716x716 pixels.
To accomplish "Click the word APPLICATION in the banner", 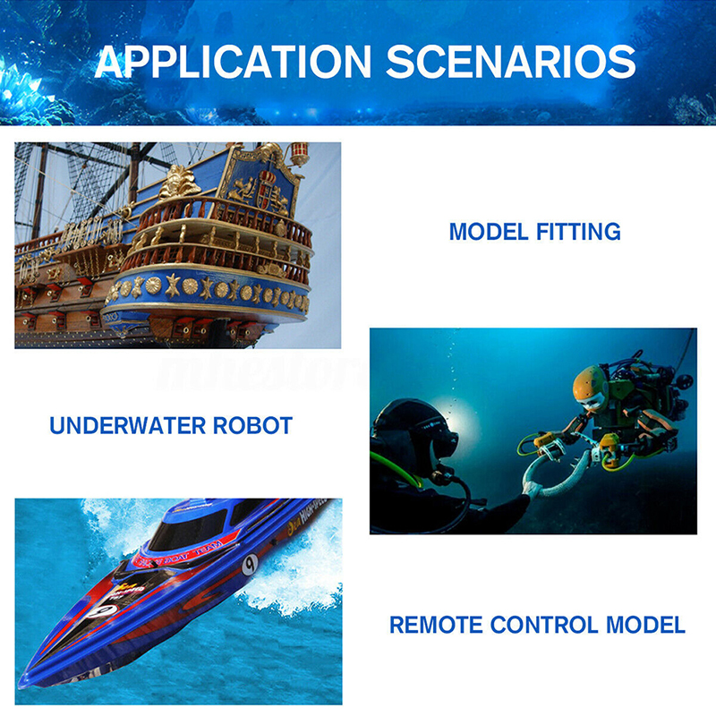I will (232, 62).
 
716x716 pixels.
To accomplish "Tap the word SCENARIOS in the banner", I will (511, 62).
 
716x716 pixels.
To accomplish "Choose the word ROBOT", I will (252, 425).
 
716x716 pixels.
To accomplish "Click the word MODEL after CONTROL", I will (649, 624).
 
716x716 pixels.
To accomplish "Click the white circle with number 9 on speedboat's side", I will (251, 563).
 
